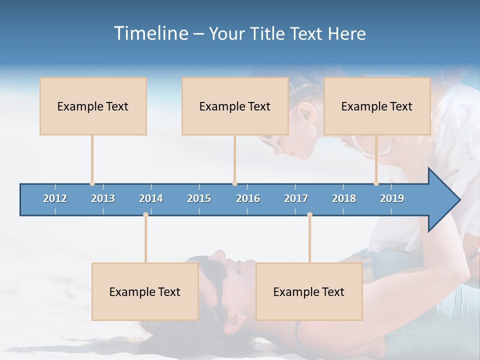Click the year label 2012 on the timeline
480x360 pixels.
click(x=55, y=198)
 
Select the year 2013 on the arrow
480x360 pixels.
click(x=103, y=198)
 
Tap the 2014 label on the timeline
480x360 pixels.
click(x=151, y=198)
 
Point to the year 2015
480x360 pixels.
click(x=199, y=198)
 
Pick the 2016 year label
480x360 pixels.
click(x=248, y=198)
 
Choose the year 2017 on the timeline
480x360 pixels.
click(x=296, y=198)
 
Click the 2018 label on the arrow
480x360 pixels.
click(x=344, y=198)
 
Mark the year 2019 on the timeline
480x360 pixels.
click(x=392, y=198)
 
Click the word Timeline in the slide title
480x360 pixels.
click(x=150, y=33)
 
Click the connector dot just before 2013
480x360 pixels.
click(x=92, y=183)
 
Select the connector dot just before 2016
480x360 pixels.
click(x=234, y=183)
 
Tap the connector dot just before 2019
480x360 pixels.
click(x=376, y=183)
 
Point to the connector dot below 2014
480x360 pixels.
click(x=145, y=215)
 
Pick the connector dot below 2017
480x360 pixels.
click(x=309, y=215)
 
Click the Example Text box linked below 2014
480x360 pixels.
click(x=145, y=291)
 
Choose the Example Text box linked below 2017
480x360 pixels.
click(x=309, y=291)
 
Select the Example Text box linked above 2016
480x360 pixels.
click(x=235, y=106)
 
